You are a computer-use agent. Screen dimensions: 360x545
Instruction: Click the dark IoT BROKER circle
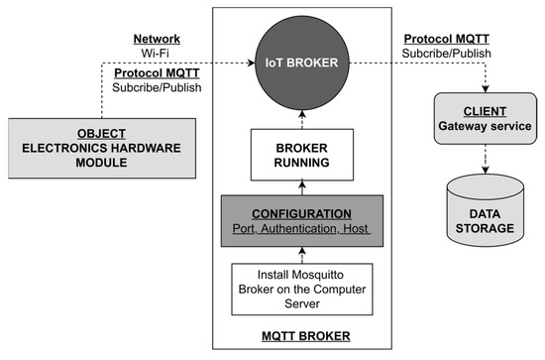coord(296,61)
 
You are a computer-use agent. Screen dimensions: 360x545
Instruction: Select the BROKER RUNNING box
coord(296,154)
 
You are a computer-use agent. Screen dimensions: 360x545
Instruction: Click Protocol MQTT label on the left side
coord(155,72)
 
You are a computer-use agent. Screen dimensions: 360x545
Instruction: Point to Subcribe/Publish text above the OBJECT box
coord(155,88)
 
